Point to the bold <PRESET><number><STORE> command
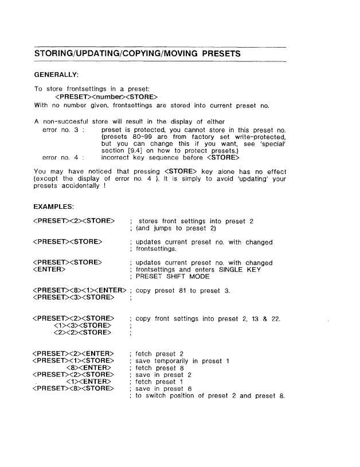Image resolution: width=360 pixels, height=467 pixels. point(105,96)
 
